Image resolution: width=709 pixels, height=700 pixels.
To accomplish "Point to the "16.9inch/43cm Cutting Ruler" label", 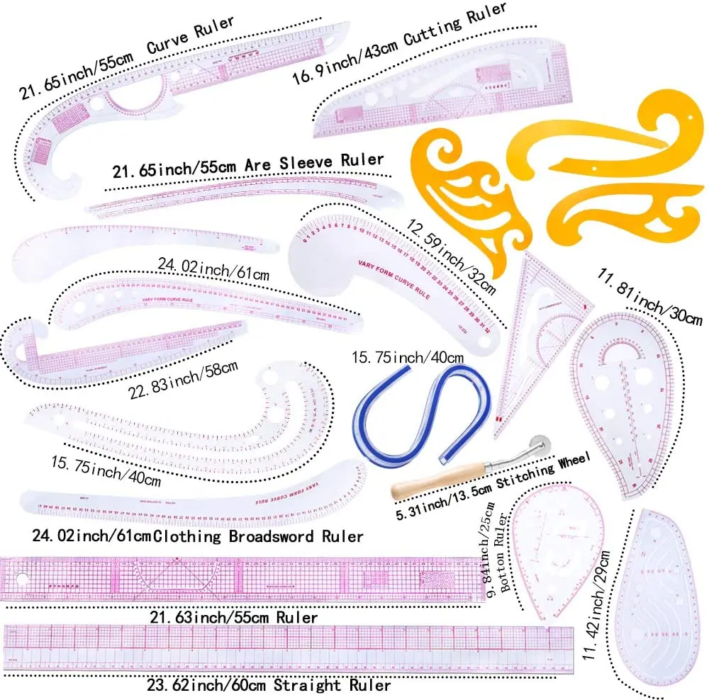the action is [401, 36].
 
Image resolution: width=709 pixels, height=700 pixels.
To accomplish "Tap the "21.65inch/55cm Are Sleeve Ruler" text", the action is [248, 167].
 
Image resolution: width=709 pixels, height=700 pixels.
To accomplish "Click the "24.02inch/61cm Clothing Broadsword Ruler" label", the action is [191, 536].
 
